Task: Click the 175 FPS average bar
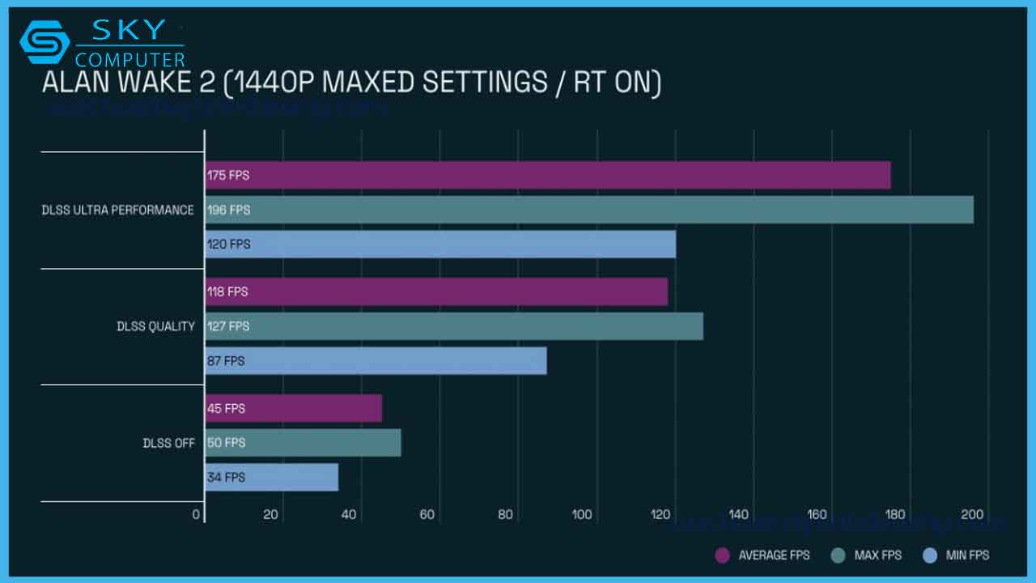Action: (x=547, y=175)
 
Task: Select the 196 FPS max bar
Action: (x=588, y=210)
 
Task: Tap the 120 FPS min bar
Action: (x=439, y=244)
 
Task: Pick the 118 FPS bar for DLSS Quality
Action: (x=435, y=291)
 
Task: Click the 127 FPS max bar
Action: (x=453, y=326)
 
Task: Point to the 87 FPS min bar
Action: (x=376, y=360)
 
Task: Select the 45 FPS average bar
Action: (x=293, y=408)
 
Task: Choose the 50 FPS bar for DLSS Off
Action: (x=303, y=443)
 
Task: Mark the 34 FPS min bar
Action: (x=271, y=477)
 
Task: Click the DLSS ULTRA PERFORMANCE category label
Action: (x=118, y=210)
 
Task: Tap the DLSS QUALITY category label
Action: (x=155, y=326)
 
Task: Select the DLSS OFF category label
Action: (x=168, y=443)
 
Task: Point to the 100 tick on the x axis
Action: (x=582, y=514)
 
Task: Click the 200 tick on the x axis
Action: (x=972, y=514)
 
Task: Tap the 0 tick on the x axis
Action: (x=197, y=514)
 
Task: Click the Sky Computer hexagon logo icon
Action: (x=45, y=42)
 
